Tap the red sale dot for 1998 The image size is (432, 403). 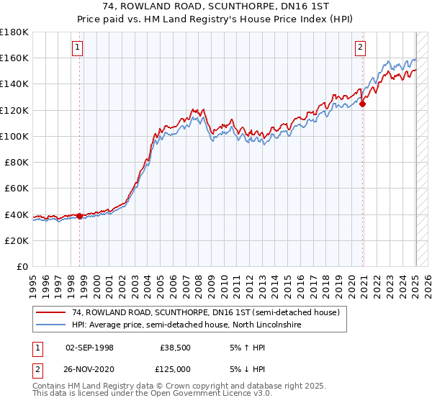click(79, 215)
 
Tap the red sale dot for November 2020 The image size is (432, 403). click(363, 104)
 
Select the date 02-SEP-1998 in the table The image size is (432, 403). click(89, 347)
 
